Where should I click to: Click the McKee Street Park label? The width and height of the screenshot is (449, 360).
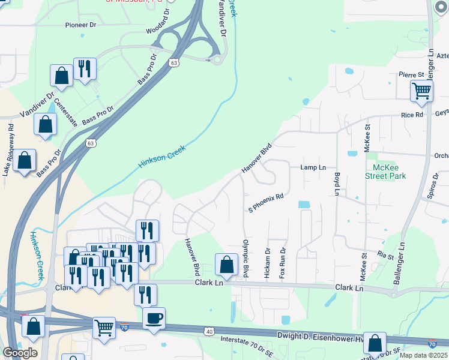385,171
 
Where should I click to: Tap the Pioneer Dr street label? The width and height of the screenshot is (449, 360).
81,25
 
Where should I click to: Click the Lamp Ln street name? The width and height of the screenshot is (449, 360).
313,167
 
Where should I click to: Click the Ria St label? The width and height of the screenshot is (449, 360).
385,256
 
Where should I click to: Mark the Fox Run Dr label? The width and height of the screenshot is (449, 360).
282,262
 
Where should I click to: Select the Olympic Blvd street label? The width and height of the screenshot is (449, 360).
245,259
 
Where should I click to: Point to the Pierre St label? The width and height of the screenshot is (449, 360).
411,74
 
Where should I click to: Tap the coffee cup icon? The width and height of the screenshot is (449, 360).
154,317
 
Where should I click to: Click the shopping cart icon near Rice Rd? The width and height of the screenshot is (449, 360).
422,91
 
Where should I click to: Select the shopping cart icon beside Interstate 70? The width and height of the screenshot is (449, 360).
104,328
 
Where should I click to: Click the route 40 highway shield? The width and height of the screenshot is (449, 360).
208,331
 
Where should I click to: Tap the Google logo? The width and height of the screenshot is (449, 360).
20,353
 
